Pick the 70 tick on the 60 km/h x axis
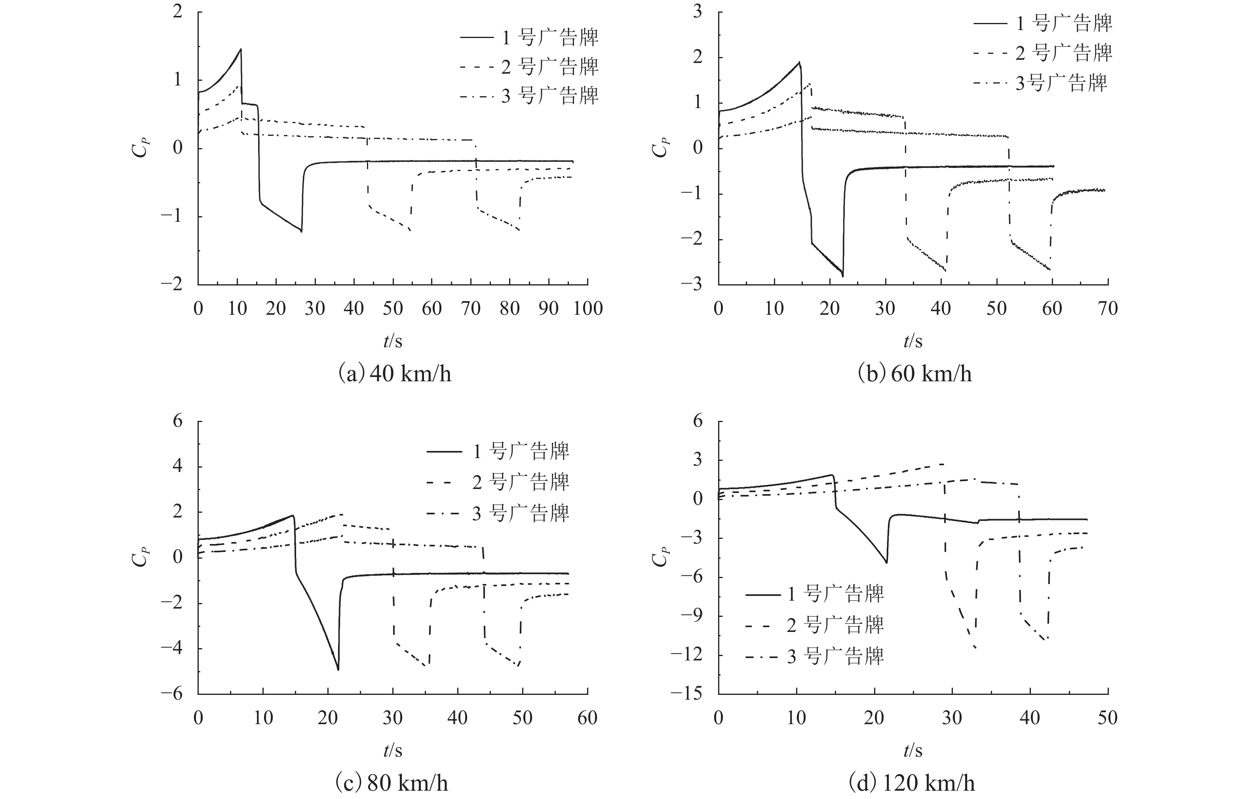point(1108,309)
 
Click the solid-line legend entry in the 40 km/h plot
point(529,37)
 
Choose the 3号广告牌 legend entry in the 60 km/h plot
point(1043,83)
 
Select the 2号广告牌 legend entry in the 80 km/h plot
point(498,483)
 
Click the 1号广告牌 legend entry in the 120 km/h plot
point(814,594)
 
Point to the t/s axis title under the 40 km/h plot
point(393,341)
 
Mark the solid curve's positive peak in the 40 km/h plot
point(241,49)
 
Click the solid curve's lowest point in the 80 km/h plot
point(338,670)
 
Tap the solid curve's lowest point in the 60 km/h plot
point(842,276)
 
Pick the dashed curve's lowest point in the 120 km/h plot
point(975,647)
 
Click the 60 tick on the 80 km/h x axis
point(587,719)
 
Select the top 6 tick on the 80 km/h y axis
point(177,421)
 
